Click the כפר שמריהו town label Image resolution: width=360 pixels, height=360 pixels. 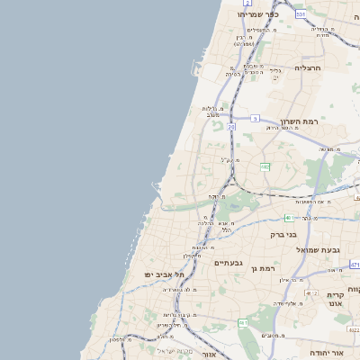click(258, 14)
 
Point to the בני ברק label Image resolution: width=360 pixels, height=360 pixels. click(283, 235)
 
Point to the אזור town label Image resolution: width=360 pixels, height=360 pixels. click(199, 355)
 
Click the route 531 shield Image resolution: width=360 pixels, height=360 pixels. click(300, 14)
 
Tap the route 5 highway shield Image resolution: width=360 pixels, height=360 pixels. click(255, 118)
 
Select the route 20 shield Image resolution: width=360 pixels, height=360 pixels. click(231, 128)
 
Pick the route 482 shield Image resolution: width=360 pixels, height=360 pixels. click(265, 166)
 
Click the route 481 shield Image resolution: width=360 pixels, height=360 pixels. click(288, 218)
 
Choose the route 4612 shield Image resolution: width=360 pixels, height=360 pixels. click(310, 293)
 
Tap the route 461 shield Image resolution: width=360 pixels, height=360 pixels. click(242, 321)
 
